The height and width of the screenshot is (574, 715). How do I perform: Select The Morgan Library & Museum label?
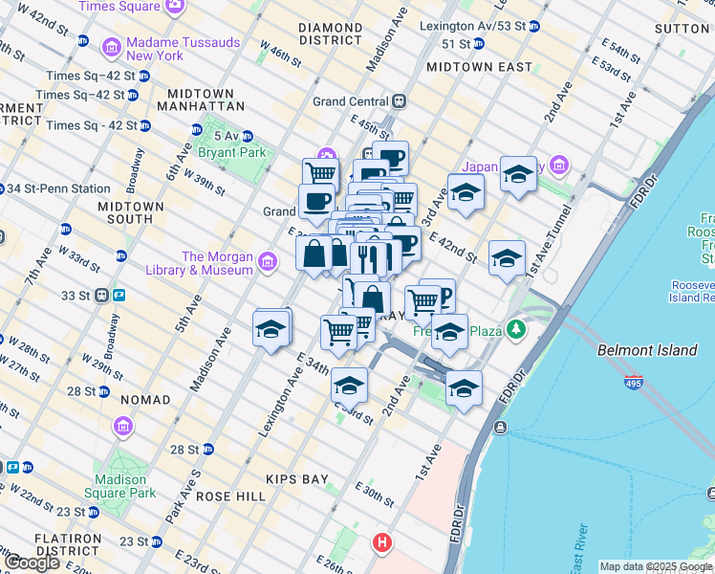tap(217, 263)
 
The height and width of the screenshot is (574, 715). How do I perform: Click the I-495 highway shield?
tap(634, 383)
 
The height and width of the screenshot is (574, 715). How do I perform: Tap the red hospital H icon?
tap(382, 542)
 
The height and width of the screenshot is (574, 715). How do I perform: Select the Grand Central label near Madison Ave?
tap(352, 101)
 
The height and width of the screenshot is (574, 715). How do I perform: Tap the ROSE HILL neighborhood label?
tap(230, 497)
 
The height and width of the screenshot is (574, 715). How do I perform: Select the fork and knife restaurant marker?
tap(368, 257)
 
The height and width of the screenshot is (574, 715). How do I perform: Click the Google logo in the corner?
tap(32, 563)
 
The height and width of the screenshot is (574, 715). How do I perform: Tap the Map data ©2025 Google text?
tap(656, 566)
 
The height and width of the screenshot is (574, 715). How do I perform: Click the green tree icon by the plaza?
tap(517, 330)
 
